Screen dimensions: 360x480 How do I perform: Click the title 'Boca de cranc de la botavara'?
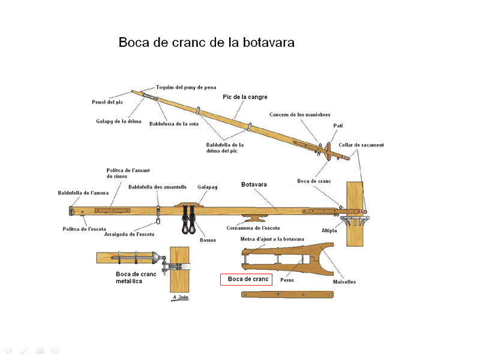[x=206, y=43]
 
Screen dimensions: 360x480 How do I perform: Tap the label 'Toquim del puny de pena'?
[x=186, y=87]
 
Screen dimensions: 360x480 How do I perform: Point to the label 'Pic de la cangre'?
[x=245, y=97]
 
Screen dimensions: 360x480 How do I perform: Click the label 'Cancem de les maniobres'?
[x=299, y=115]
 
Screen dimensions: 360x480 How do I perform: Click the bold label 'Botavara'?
[x=256, y=184]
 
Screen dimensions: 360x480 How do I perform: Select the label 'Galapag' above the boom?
[x=208, y=187]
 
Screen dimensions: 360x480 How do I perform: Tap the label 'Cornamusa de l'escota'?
[x=253, y=228]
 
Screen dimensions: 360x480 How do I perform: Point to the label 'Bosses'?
[x=208, y=240]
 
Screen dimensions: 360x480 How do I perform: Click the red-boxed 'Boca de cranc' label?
[x=247, y=279]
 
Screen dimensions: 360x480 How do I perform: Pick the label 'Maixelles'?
[x=344, y=281]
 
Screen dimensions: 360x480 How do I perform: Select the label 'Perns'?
[x=287, y=280]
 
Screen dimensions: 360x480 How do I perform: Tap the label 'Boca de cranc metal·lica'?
[x=136, y=277]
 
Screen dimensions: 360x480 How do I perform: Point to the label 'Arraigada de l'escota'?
[x=129, y=234]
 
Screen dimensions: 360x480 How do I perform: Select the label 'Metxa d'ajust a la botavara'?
[x=272, y=239]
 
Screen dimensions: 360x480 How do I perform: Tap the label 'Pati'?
[x=338, y=126]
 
